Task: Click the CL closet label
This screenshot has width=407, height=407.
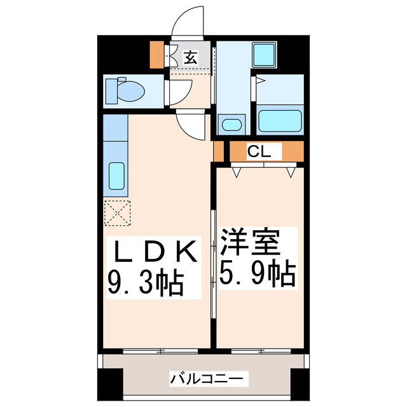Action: point(259,151)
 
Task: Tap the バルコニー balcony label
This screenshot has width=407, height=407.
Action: point(207,379)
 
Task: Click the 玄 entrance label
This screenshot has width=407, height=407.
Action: point(190,57)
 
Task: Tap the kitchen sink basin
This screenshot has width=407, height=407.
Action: point(116,176)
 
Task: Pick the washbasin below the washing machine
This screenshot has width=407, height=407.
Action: point(230,123)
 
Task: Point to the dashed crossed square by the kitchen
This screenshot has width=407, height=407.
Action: point(117,211)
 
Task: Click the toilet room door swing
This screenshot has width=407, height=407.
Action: point(181,92)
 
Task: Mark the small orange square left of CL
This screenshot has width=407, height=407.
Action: point(219,151)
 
